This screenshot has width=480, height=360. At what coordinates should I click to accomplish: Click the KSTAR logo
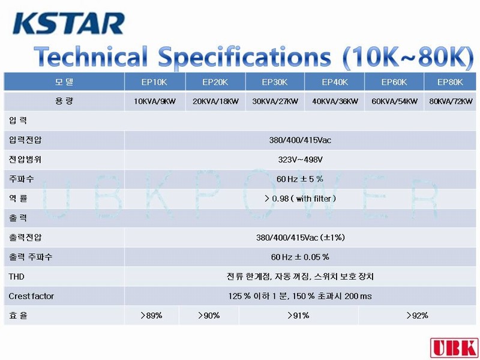68,23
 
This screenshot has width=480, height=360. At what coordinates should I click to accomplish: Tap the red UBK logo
454,348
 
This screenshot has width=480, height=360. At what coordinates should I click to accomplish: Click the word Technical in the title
91,56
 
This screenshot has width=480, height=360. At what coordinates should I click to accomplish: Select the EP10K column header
154,82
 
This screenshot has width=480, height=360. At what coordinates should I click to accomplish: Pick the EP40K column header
335,82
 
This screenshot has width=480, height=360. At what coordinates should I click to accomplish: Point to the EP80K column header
450,82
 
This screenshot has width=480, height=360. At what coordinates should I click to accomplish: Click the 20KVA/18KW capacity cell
215,101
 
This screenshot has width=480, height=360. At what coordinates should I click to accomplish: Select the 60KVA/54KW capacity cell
395,101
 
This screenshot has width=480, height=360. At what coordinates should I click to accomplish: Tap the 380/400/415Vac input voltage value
300,140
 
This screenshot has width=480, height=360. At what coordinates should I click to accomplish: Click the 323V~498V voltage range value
300,160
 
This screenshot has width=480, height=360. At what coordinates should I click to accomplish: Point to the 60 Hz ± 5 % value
299,179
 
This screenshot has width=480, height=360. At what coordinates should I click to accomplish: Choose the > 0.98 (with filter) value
300,199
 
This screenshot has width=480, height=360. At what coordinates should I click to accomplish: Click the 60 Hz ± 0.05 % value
300,257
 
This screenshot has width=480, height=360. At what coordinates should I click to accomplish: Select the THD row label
17,277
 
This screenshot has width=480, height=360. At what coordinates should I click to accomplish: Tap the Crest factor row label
31,296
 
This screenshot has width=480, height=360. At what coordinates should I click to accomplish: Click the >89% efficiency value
151,316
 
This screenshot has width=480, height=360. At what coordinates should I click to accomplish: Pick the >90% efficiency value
209,316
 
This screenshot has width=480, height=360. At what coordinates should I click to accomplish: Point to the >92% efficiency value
417,316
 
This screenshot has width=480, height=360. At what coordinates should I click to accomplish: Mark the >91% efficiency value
298,316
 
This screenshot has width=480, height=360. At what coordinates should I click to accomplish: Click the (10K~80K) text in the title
409,57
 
